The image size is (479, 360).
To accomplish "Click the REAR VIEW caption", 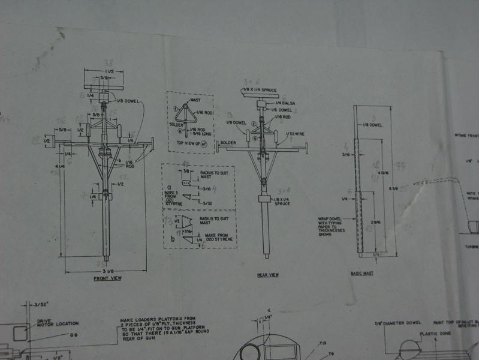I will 267,275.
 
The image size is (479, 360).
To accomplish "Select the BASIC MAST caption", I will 361,274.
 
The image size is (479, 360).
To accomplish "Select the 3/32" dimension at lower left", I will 43,304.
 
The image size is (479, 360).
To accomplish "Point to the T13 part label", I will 324,343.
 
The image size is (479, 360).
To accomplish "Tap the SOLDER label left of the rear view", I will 227,143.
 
